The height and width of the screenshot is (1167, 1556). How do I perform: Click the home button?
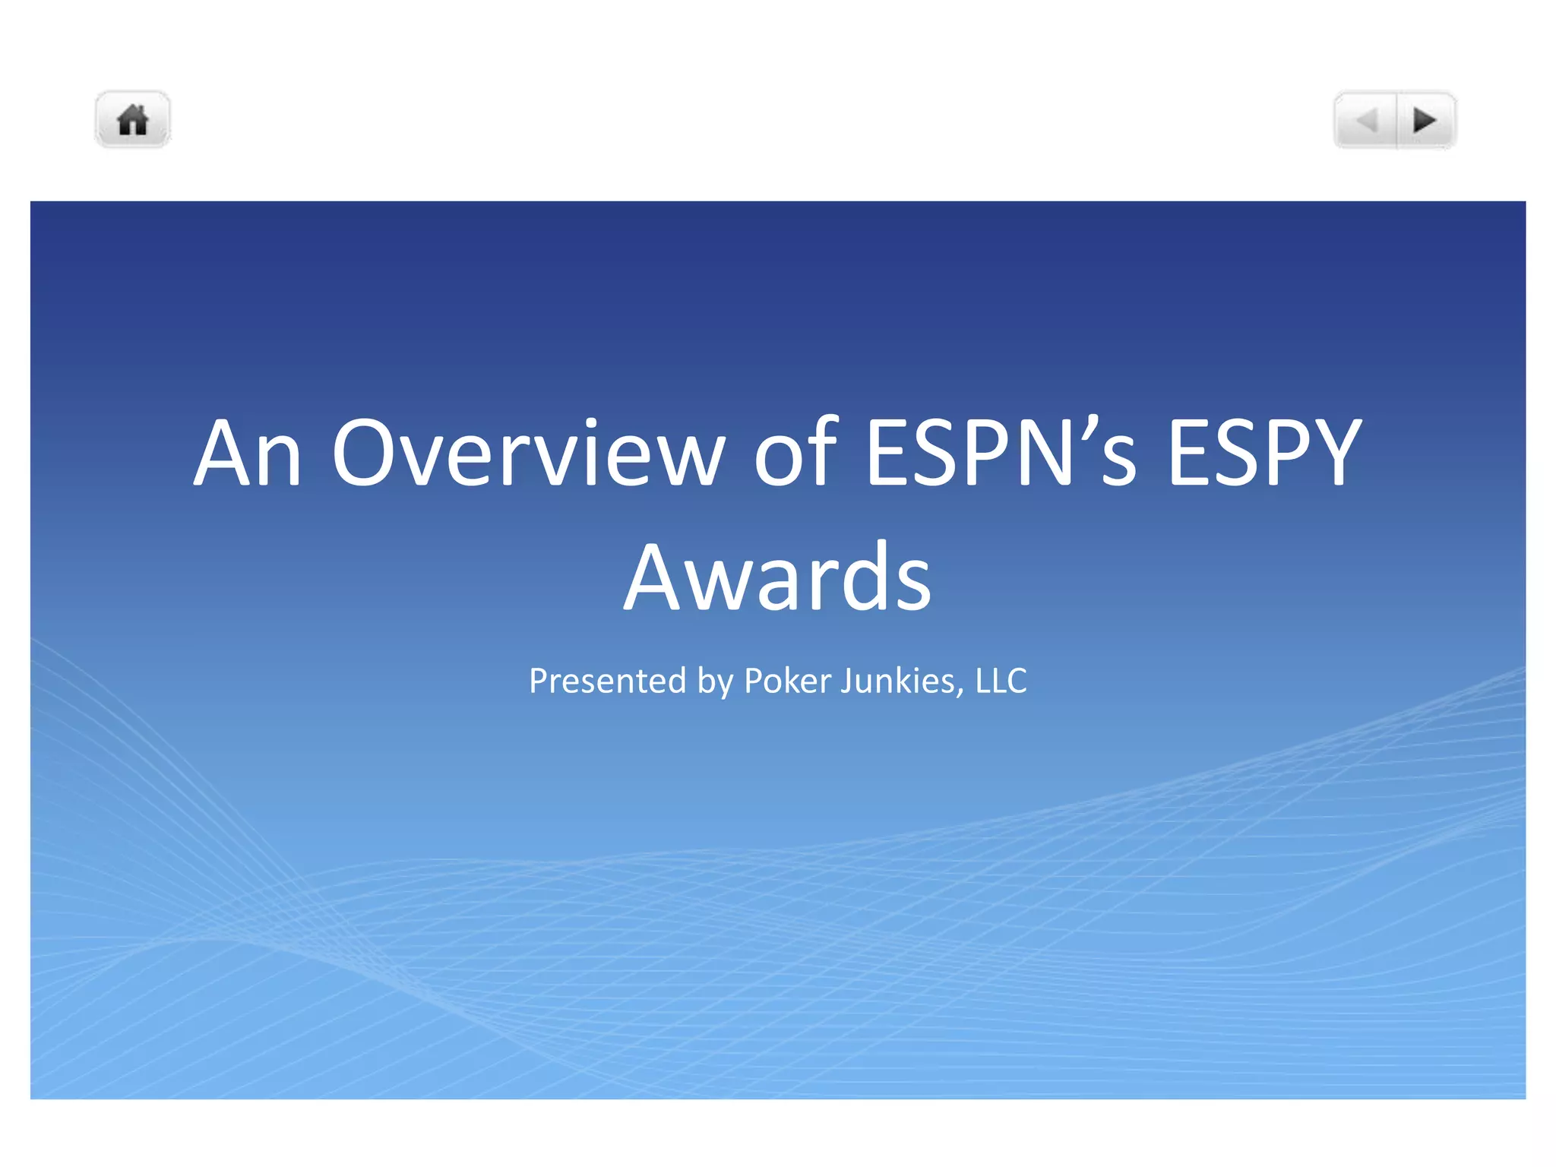[132, 120]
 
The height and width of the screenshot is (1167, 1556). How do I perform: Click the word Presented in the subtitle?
[607, 681]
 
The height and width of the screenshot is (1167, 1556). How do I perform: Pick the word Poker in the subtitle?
[787, 681]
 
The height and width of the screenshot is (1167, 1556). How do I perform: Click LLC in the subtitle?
[1001, 681]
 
